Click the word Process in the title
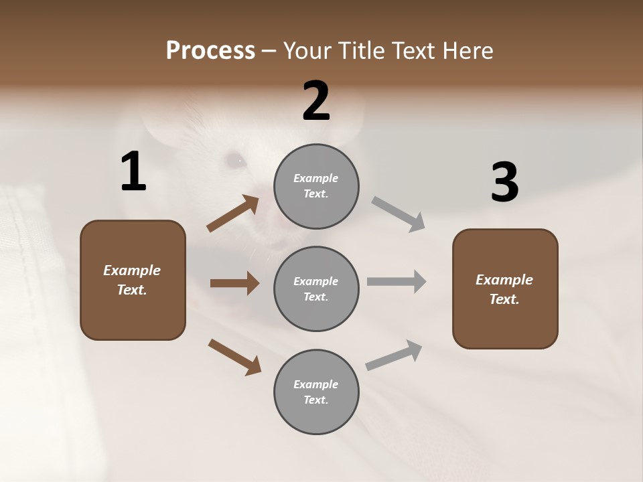pyautogui.click(x=210, y=51)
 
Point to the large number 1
pyautogui.click(x=133, y=172)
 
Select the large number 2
pyautogui.click(x=316, y=101)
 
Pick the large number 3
pyautogui.click(x=504, y=182)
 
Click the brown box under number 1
pyautogui.click(x=133, y=280)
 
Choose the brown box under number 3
pyautogui.click(x=505, y=289)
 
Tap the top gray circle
pyautogui.click(x=316, y=186)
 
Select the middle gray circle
pyautogui.click(x=316, y=289)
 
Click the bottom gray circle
pyautogui.click(x=316, y=392)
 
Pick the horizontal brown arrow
pyautogui.click(x=234, y=283)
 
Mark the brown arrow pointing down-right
pyautogui.click(x=234, y=356)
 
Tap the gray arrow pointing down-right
pyautogui.click(x=399, y=214)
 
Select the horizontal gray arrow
pyautogui.click(x=397, y=282)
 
